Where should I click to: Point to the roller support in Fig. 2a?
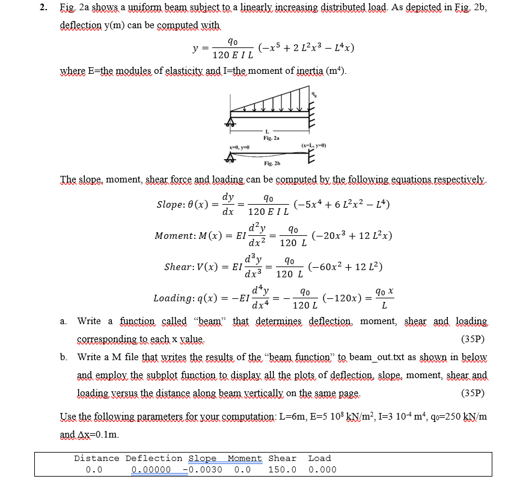[230, 123]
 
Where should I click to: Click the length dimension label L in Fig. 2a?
[269, 131]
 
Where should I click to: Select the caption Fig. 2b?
[272, 163]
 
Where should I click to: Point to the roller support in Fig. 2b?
[230, 158]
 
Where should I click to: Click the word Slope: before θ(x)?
[174, 204]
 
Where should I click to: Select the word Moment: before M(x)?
[175, 235]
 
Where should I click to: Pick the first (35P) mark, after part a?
[472, 339]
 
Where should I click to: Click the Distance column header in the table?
[96, 458]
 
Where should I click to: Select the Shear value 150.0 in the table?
[282, 469]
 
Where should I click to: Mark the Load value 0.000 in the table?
[322, 469]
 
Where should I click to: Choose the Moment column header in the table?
[245, 458]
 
